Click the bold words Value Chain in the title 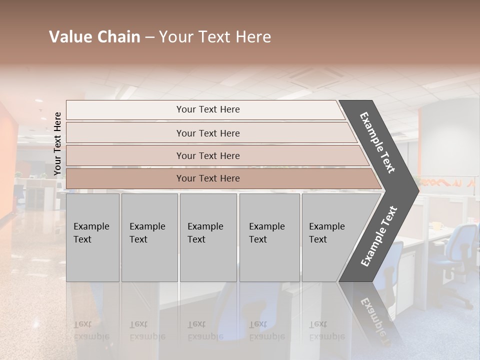click(x=94, y=37)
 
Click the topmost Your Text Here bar click(x=207, y=109)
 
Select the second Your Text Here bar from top click(x=207, y=133)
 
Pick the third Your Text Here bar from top click(x=207, y=155)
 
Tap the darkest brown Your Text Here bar click(x=207, y=178)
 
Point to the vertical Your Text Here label click(x=57, y=144)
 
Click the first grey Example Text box click(x=92, y=237)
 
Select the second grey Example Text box click(x=149, y=237)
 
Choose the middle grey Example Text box click(x=208, y=237)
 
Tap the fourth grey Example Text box click(x=269, y=237)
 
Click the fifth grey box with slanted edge click(x=330, y=237)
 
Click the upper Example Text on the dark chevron click(x=377, y=142)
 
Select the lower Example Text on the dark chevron click(x=379, y=236)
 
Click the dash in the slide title click(x=149, y=37)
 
